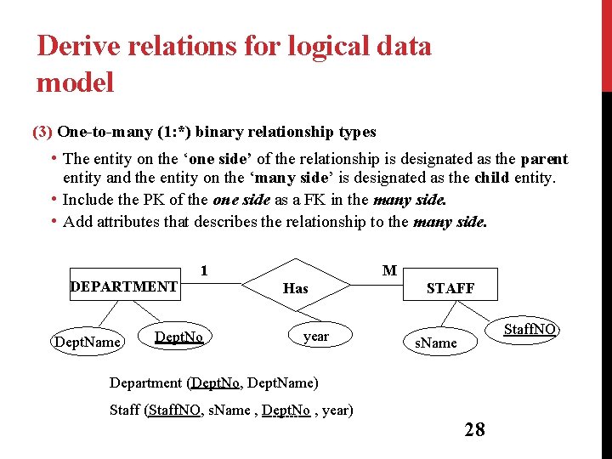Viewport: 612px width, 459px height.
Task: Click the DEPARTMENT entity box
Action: tap(123, 286)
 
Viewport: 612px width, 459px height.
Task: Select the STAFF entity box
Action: tap(450, 287)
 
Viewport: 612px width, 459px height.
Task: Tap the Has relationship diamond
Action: tap(295, 288)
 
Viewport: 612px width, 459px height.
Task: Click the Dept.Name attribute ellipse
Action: tap(88, 342)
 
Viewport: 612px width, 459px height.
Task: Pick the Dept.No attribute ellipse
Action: tap(178, 337)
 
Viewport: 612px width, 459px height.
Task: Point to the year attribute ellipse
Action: tap(315, 336)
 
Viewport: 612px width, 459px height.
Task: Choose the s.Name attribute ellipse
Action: tap(436, 343)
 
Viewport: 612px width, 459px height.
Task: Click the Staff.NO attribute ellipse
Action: tap(530, 329)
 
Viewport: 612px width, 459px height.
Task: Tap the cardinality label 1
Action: tap(204, 271)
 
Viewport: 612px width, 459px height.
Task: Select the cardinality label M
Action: tap(389, 270)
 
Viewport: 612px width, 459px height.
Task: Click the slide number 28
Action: tap(474, 429)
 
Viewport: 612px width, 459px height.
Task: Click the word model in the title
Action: tap(75, 82)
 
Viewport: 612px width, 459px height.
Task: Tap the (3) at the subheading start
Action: tap(42, 132)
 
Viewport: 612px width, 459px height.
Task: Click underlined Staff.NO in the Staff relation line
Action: tap(174, 410)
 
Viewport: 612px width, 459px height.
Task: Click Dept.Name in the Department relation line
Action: tap(282, 382)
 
